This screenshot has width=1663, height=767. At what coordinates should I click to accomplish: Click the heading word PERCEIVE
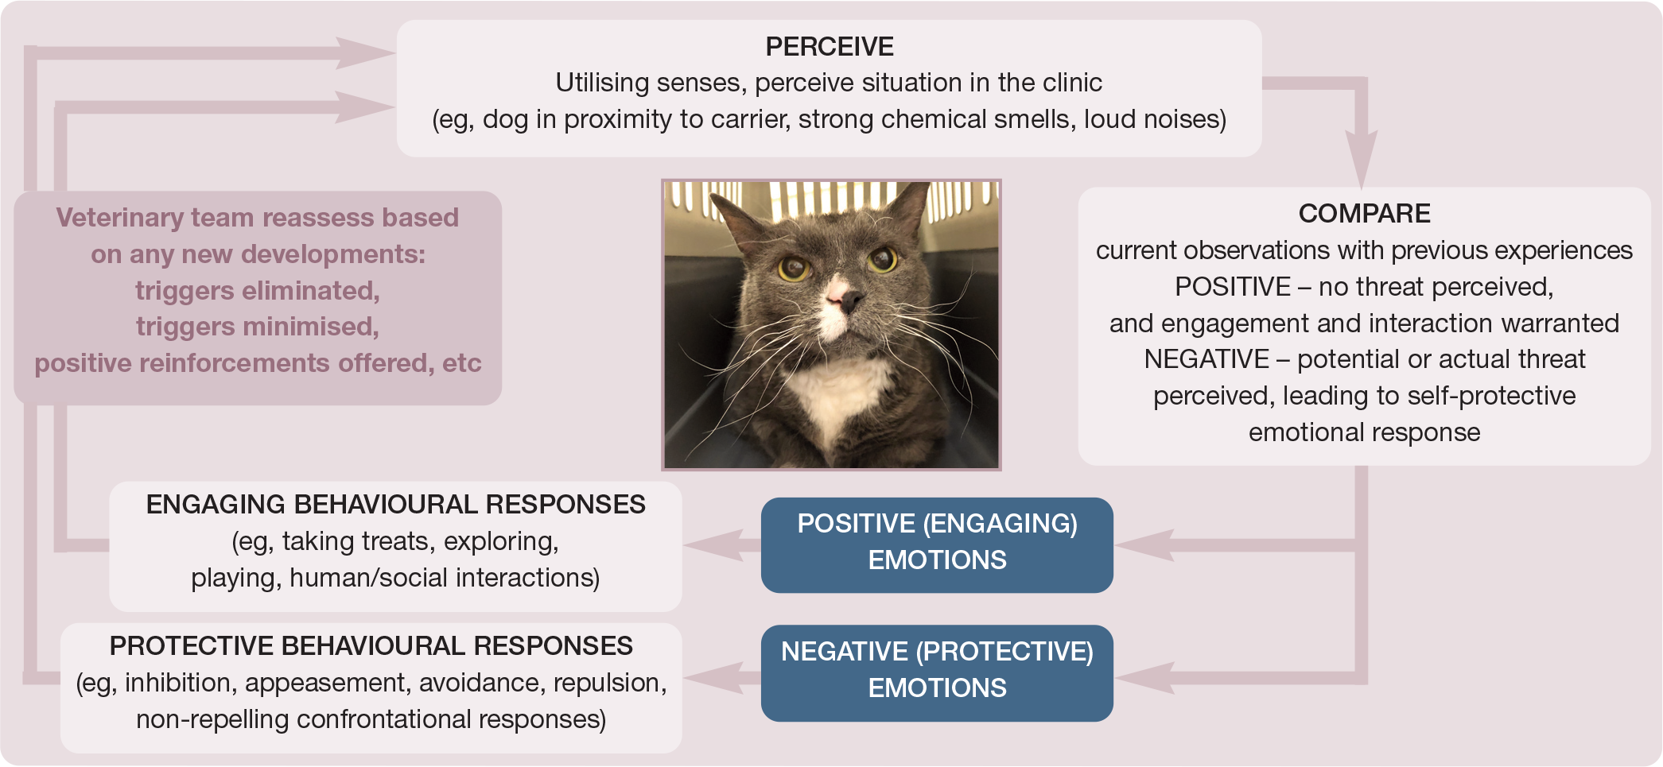(x=829, y=47)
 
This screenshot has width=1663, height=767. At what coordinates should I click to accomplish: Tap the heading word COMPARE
(x=1364, y=214)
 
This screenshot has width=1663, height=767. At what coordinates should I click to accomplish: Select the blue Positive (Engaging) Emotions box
(x=937, y=545)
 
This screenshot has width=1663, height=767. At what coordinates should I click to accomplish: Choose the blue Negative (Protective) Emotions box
(x=937, y=673)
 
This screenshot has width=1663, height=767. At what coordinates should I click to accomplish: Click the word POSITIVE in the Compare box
(x=1233, y=287)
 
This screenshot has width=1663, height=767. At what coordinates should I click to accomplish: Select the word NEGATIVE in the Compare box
(x=1206, y=359)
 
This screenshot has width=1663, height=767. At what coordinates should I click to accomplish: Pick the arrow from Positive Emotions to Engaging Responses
(x=722, y=545)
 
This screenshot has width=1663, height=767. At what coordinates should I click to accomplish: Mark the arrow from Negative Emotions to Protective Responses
(x=722, y=678)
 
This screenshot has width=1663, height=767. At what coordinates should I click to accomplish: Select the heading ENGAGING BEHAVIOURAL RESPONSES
(x=395, y=505)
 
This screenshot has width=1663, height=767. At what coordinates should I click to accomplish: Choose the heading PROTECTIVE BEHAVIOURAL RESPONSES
(x=371, y=646)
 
